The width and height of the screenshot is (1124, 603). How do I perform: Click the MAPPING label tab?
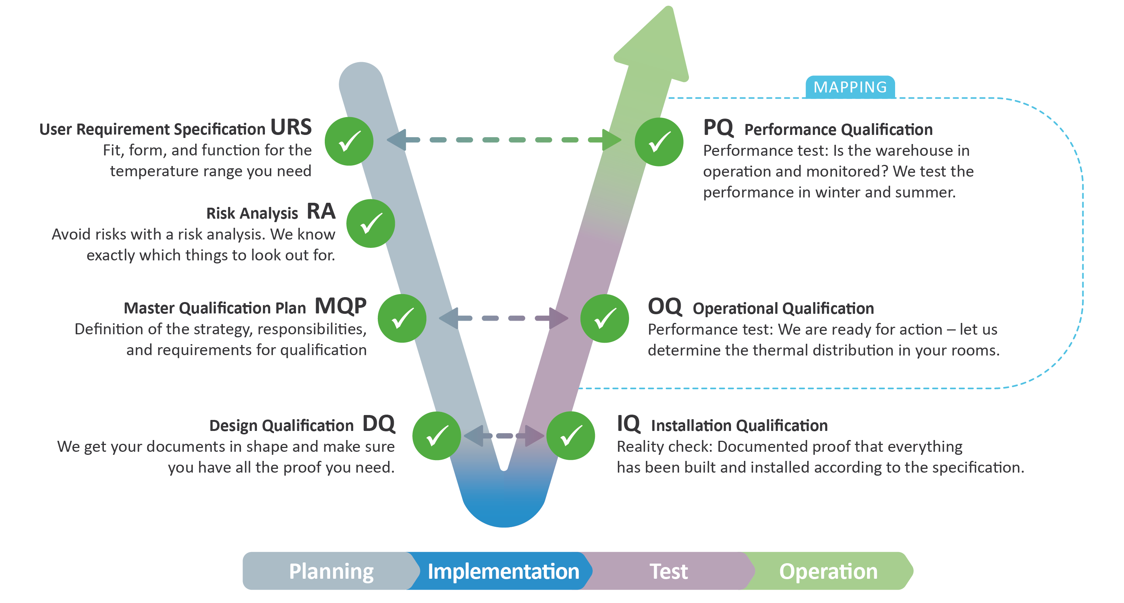tap(850, 87)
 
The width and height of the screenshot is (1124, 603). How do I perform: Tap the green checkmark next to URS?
tap(349, 141)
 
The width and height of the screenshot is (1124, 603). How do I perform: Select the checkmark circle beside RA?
tap(371, 223)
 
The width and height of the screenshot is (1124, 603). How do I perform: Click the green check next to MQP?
tap(402, 318)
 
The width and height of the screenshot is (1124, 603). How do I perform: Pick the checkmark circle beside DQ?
tap(436, 435)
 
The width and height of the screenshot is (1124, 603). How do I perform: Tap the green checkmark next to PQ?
tap(659, 142)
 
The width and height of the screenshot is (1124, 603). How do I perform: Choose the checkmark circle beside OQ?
tap(605, 318)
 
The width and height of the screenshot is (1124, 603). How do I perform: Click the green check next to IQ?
tap(571, 435)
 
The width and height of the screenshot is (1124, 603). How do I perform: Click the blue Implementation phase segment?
tap(503, 571)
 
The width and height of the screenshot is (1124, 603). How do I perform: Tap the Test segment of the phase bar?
tap(668, 571)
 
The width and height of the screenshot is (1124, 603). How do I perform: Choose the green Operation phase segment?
tap(828, 571)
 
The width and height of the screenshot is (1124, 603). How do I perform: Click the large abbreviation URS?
tap(291, 127)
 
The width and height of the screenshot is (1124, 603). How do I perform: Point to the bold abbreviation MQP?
tap(340, 306)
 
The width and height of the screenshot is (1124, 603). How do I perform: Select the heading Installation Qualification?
tap(739, 425)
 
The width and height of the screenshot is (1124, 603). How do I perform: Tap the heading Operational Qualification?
tap(783, 309)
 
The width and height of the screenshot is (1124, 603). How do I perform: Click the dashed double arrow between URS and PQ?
tap(504, 139)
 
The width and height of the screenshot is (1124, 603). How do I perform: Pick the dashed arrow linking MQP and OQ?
tap(504, 318)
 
